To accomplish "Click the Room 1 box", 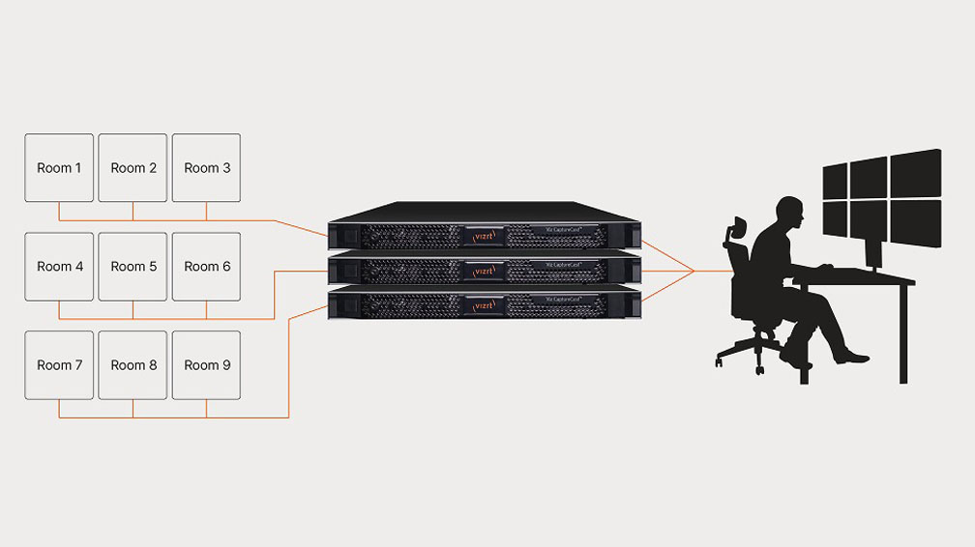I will coord(59,168).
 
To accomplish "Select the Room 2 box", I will coord(133,168).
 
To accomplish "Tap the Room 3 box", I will coord(206,168).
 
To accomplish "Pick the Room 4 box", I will coord(59,267).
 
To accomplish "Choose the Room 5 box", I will coord(133,267).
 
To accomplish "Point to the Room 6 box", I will coord(206,267).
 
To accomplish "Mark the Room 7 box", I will coord(59,365).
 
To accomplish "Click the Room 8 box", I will coord(133,365).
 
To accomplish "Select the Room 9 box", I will coord(206,365).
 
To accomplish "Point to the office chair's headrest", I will coord(736,230).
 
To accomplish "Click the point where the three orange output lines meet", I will coord(694,272).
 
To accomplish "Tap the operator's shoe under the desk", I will coord(851,358).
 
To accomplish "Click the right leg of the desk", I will coord(903,333).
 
